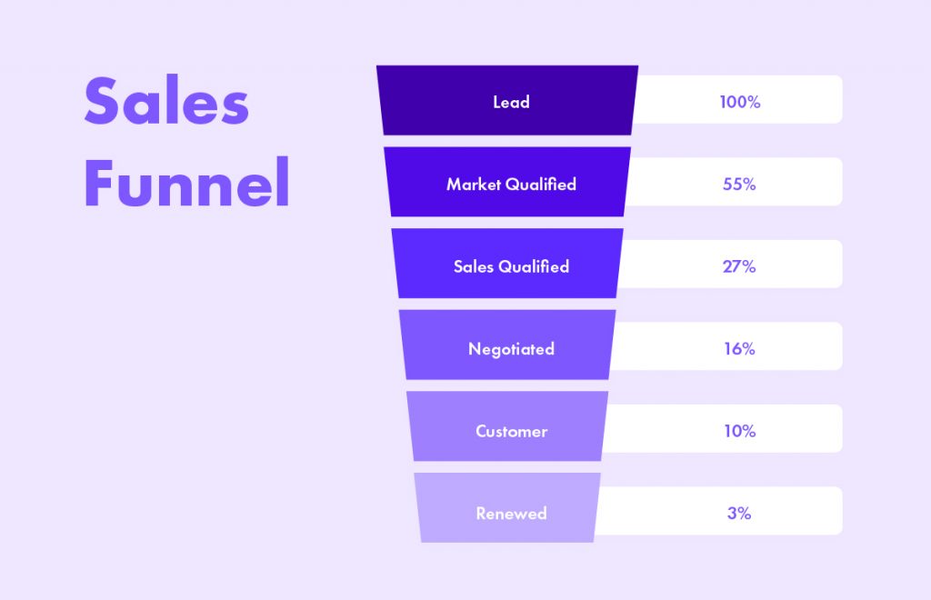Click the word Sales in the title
click(166, 100)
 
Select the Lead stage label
click(511, 102)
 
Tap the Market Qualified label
click(511, 184)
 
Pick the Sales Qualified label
click(511, 266)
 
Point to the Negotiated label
click(511, 349)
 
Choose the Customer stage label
click(511, 431)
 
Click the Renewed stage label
click(511, 514)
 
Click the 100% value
click(740, 102)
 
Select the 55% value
click(739, 184)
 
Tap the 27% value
click(739, 266)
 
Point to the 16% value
click(739, 348)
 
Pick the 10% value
click(740, 431)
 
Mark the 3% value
click(739, 513)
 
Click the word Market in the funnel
click(474, 184)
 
